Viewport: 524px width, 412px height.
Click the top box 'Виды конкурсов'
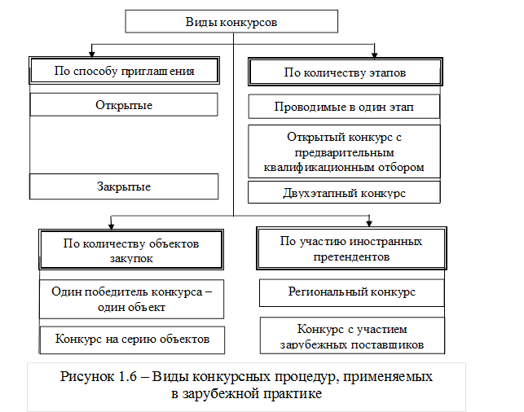(x=231, y=22)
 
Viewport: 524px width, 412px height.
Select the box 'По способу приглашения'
(x=124, y=71)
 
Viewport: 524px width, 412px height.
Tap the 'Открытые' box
(x=124, y=105)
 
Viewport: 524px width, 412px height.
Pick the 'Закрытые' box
(x=124, y=186)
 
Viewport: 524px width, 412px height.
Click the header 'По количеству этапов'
(x=344, y=72)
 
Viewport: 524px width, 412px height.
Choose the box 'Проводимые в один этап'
(x=344, y=107)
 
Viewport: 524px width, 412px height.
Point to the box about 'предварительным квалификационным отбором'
(x=344, y=151)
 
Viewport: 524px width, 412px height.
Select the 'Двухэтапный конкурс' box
(x=344, y=192)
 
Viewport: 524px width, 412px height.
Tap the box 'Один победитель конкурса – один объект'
(x=131, y=300)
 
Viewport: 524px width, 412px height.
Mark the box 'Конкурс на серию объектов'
(x=131, y=338)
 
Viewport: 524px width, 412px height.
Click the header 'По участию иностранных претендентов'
(x=350, y=248)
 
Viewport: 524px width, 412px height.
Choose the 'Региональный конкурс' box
(x=351, y=291)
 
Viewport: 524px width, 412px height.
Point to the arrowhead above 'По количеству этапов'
(x=376, y=53)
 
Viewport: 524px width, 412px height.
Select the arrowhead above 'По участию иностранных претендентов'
(x=370, y=221)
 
